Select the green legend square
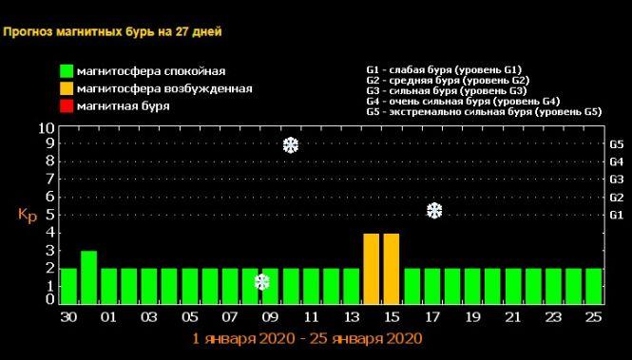coord(66,71)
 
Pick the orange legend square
coord(66,88)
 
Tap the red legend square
coord(66,105)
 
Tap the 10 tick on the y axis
coord(46,128)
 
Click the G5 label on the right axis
coord(616,145)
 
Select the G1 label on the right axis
coord(616,216)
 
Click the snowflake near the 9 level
coord(292,145)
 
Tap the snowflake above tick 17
coord(434,210)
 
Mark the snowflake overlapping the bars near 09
coord(262,282)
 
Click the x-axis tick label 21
coord(513,317)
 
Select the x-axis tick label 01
coord(108,317)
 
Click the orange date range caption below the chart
coord(306,338)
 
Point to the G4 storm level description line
coord(463,101)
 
